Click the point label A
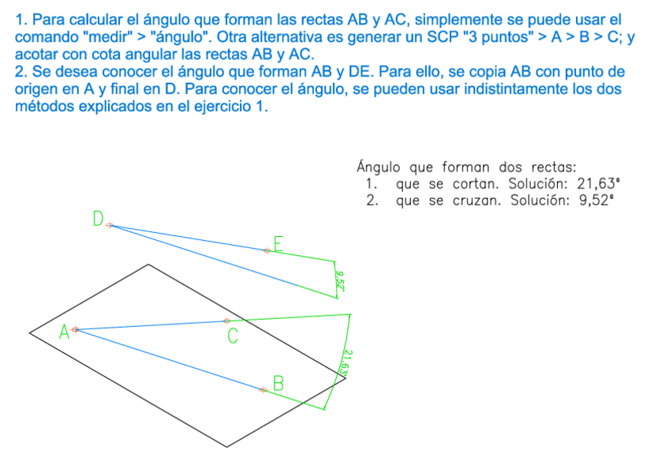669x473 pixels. [64, 333]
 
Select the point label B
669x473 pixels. [278, 384]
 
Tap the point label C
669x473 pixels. [233, 337]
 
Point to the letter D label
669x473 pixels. [98, 219]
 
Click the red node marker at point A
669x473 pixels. [76, 329]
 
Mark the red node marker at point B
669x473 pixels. [263, 390]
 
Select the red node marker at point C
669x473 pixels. [226, 321]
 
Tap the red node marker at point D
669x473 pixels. [110, 225]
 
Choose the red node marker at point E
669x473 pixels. [267, 250]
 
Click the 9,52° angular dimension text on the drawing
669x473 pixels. [340, 279]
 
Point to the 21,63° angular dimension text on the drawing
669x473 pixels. [349, 362]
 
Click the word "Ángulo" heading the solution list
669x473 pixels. [381, 167]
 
